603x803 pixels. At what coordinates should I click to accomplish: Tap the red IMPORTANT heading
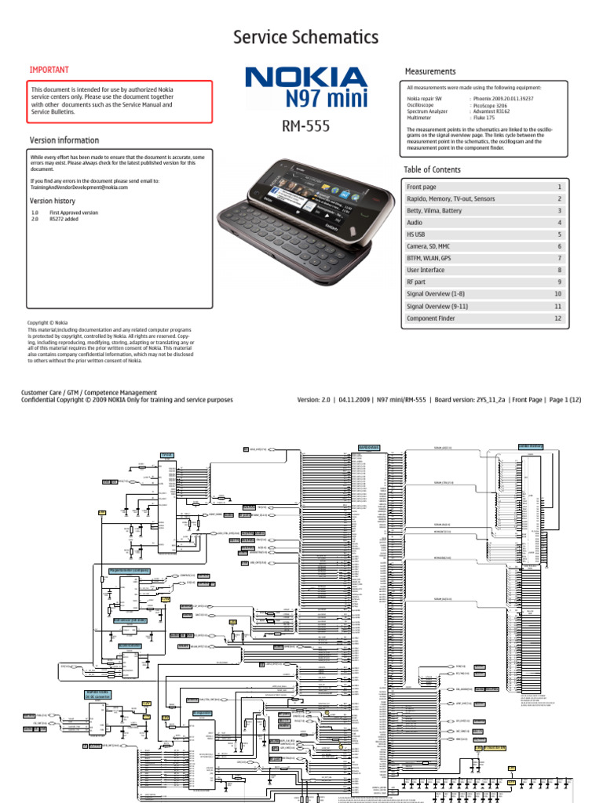click(49, 70)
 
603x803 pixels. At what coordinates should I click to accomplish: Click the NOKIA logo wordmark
click(306, 78)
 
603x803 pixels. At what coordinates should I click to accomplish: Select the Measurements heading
click(429, 71)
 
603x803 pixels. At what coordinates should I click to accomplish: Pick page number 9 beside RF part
click(559, 282)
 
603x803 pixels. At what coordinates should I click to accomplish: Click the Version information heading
click(64, 140)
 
